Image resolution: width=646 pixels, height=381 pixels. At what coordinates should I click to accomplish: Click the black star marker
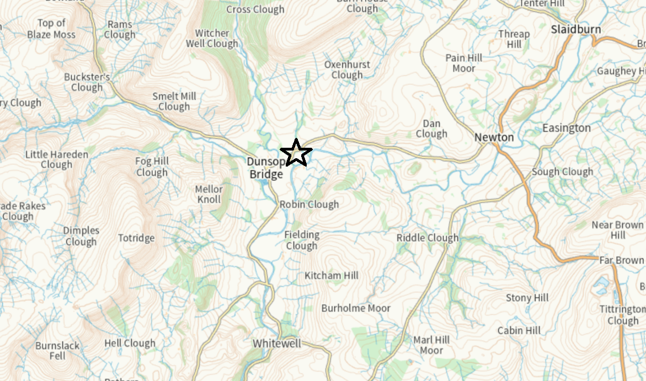click(296, 153)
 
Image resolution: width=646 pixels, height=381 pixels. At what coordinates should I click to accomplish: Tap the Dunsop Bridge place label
click(265, 168)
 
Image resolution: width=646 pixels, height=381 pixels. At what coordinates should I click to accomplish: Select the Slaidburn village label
click(576, 29)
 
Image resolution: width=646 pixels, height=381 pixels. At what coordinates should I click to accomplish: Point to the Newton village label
click(494, 137)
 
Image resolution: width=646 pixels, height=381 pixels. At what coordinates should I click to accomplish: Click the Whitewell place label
click(277, 344)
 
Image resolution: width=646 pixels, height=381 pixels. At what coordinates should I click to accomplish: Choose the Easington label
click(566, 128)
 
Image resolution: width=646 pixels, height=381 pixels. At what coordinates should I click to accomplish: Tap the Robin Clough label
click(309, 205)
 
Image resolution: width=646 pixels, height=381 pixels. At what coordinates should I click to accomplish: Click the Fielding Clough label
click(302, 240)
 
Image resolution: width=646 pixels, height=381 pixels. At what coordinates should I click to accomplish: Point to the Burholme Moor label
click(356, 308)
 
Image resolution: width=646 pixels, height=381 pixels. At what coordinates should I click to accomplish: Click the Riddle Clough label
click(428, 238)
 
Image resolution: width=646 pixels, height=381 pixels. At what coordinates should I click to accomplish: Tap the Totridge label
click(136, 238)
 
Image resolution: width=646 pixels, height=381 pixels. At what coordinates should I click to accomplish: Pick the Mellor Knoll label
click(209, 194)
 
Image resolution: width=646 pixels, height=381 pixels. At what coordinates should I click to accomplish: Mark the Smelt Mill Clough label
click(174, 101)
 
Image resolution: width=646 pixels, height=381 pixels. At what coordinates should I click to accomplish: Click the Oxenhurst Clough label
click(347, 69)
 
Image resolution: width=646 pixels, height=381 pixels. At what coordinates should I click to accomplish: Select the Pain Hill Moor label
click(463, 63)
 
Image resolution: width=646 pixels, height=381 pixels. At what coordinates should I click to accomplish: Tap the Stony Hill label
click(527, 298)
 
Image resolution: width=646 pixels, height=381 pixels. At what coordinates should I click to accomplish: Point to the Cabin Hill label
click(519, 330)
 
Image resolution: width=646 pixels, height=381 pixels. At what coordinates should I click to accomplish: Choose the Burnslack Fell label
click(57, 351)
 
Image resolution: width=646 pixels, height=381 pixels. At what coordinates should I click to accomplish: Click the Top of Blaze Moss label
click(51, 29)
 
